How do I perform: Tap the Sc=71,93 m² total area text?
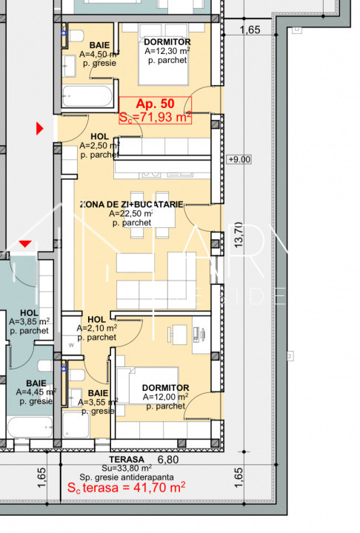click(x=156, y=117)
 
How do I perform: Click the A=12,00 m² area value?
click(x=164, y=397)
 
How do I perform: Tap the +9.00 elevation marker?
click(x=241, y=159)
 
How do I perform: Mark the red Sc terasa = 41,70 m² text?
click(x=126, y=488)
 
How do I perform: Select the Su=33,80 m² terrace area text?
click(x=127, y=468)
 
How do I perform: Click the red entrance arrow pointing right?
click(x=41, y=129)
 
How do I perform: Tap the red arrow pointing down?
click(x=25, y=243)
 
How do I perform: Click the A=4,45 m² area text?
click(x=30, y=392)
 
